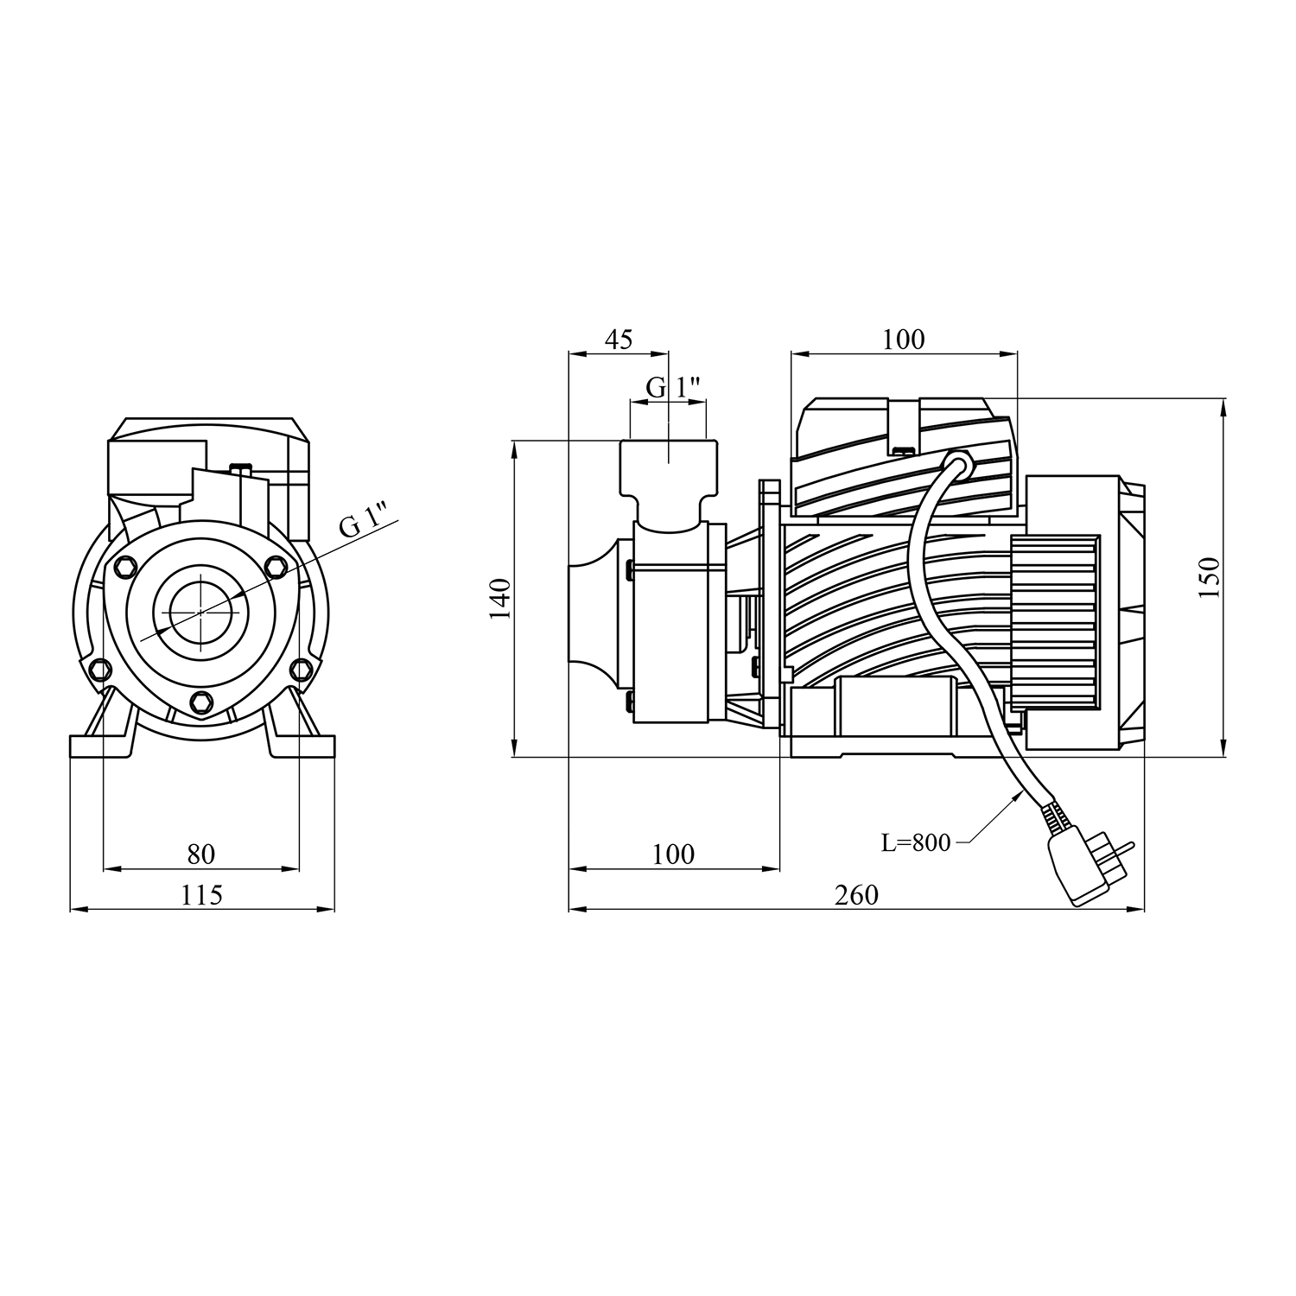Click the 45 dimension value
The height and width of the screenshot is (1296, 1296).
point(618,339)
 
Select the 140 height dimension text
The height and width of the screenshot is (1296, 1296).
point(500,598)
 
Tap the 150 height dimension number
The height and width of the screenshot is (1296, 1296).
point(1210,577)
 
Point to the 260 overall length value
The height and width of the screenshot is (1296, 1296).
point(856,895)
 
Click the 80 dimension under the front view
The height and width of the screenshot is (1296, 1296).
point(200,854)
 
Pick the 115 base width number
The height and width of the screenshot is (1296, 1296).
point(201,895)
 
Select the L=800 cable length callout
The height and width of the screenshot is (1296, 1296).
point(916,842)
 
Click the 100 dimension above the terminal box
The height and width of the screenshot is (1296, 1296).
point(904,339)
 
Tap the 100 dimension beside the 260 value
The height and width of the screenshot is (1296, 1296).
point(673,854)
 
